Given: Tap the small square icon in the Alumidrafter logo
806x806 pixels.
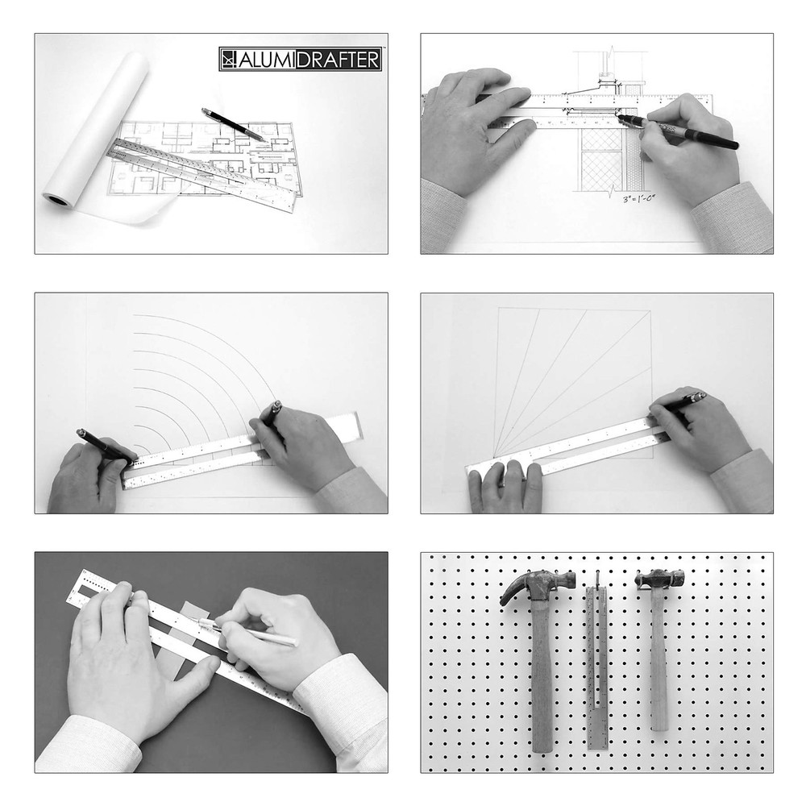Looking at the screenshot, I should [229, 59].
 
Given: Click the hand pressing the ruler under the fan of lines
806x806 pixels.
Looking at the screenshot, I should [504, 484].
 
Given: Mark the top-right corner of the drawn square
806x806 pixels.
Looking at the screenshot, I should [650, 310].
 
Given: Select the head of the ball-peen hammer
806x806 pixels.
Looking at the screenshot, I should [659, 579].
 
